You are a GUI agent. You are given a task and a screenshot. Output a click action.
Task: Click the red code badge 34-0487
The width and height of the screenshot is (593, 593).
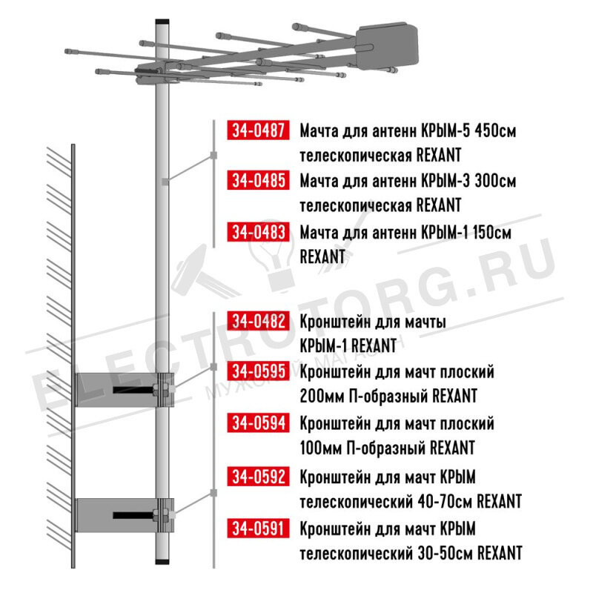pos(258,130)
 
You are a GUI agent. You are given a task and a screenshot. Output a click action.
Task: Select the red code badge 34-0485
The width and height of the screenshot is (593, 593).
pos(258,180)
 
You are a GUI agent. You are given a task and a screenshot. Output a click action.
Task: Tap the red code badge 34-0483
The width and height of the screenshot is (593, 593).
pos(258,232)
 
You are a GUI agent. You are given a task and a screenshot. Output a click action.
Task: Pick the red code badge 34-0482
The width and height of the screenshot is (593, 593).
pos(258,321)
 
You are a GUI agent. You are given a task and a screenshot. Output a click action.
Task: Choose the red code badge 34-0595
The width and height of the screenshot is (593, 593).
pos(258,371)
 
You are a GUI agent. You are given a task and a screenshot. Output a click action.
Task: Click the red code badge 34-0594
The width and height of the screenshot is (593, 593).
pos(258,423)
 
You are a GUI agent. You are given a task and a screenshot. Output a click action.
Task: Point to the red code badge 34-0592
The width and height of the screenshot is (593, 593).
pos(258,477)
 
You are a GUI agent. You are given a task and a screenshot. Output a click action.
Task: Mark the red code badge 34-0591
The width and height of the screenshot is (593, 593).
pos(258,528)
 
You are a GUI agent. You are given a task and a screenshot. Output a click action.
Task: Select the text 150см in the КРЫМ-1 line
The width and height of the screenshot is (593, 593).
pos(491,232)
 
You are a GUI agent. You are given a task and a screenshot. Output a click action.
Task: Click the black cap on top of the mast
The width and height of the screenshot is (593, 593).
pos(162,22)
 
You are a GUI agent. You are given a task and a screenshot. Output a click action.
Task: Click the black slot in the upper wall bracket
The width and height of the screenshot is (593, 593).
pos(133,390)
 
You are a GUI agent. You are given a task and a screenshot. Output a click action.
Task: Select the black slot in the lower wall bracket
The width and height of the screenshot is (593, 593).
pos(133,515)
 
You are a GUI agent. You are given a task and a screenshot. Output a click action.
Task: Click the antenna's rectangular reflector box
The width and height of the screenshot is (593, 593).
pos(387,47)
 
